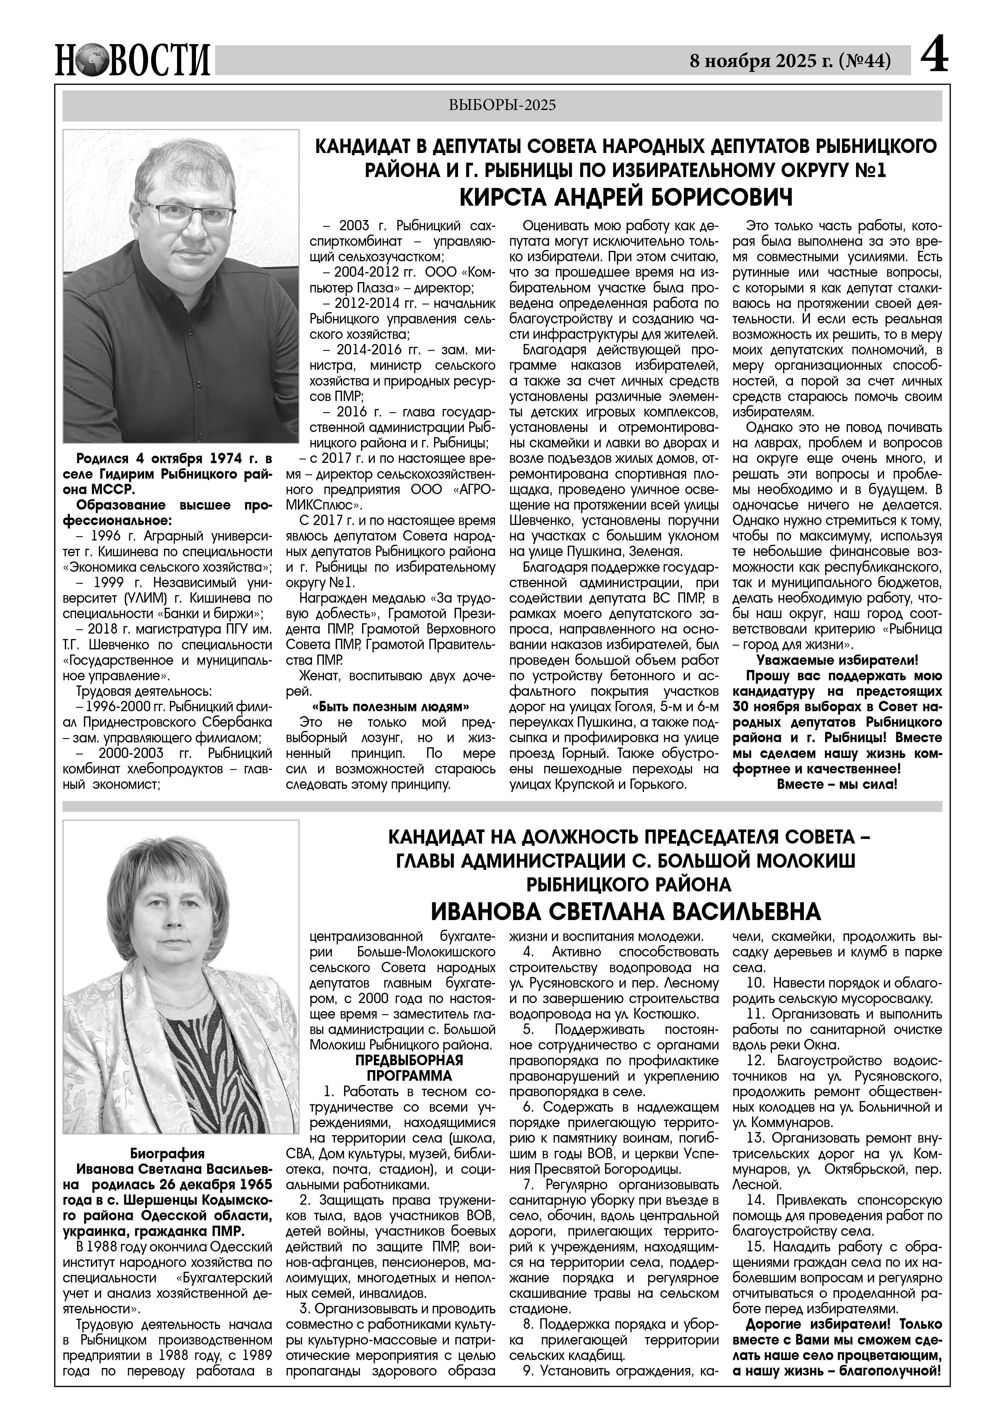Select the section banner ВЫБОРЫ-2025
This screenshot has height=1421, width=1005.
(502, 105)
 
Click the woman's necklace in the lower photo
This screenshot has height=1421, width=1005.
(182, 1001)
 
